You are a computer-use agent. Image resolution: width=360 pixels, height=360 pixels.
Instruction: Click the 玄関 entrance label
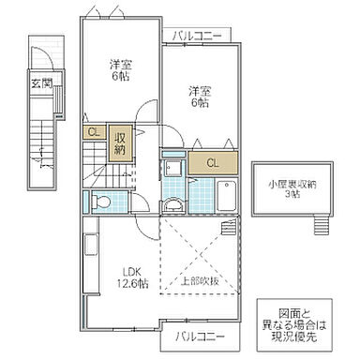(40, 82)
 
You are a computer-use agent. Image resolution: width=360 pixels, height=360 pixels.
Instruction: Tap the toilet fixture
(104, 200)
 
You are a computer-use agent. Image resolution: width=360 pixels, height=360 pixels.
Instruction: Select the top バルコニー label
(198, 36)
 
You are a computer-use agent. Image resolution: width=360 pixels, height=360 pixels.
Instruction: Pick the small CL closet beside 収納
(95, 133)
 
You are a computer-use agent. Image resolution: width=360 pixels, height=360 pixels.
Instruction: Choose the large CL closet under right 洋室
(213, 162)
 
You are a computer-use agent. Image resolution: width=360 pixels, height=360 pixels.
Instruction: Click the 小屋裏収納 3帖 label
(290, 187)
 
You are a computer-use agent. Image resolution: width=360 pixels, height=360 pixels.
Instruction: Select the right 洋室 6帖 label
(200, 97)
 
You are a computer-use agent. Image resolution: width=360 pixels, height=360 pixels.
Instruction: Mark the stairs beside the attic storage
(322, 224)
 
